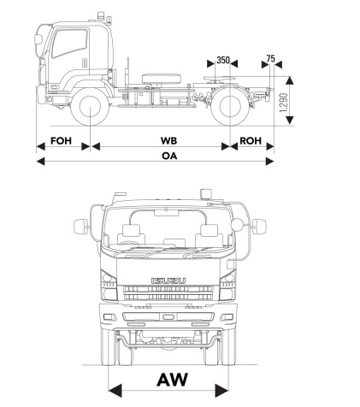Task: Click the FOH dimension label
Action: (x=62, y=140)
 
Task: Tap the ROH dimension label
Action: (x=251, y=140)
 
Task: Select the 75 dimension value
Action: (x=271, y=59)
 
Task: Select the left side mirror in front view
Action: (x=82, y=227)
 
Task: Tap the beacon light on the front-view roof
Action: (x=205, y=193)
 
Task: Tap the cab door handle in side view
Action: (x=84, y=63)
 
